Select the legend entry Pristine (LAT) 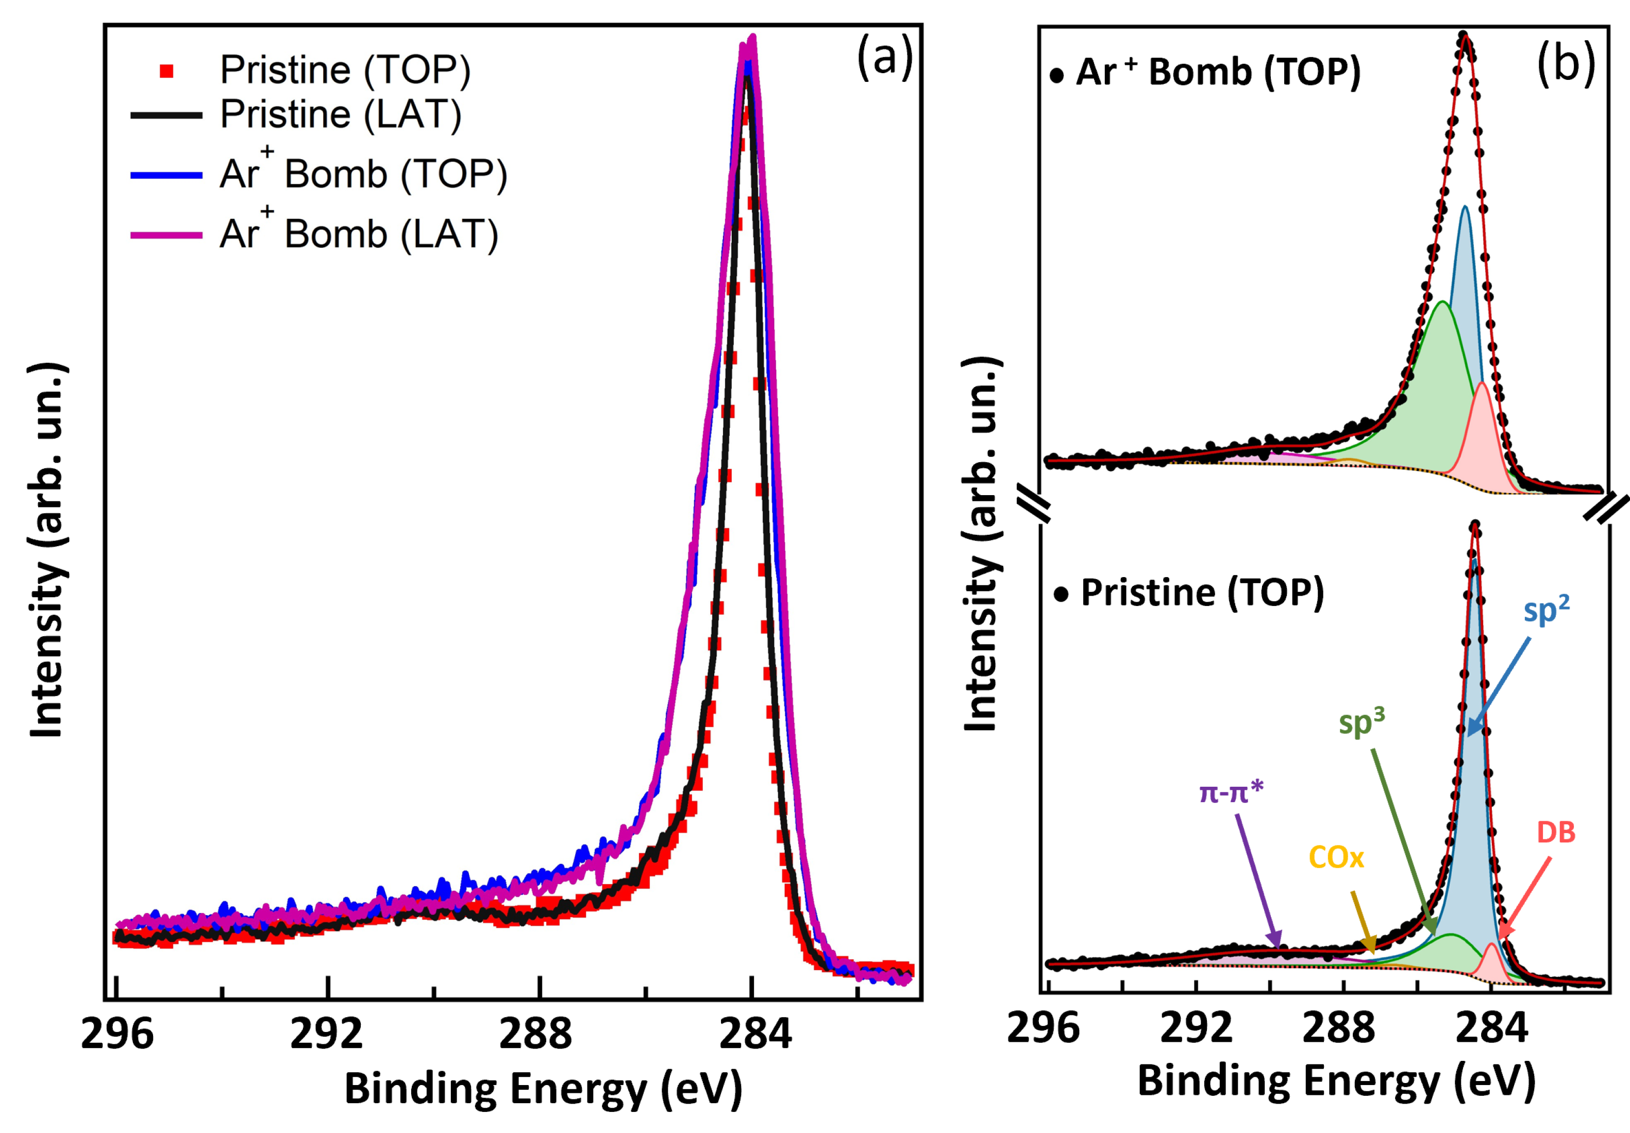[341, 114]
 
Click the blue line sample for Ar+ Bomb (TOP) [167, 175]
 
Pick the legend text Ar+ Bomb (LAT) [359, 234]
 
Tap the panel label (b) [1566, 64]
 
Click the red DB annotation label [1556, 833]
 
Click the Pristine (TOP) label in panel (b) [1202, 592]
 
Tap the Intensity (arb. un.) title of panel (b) [981, 545]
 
